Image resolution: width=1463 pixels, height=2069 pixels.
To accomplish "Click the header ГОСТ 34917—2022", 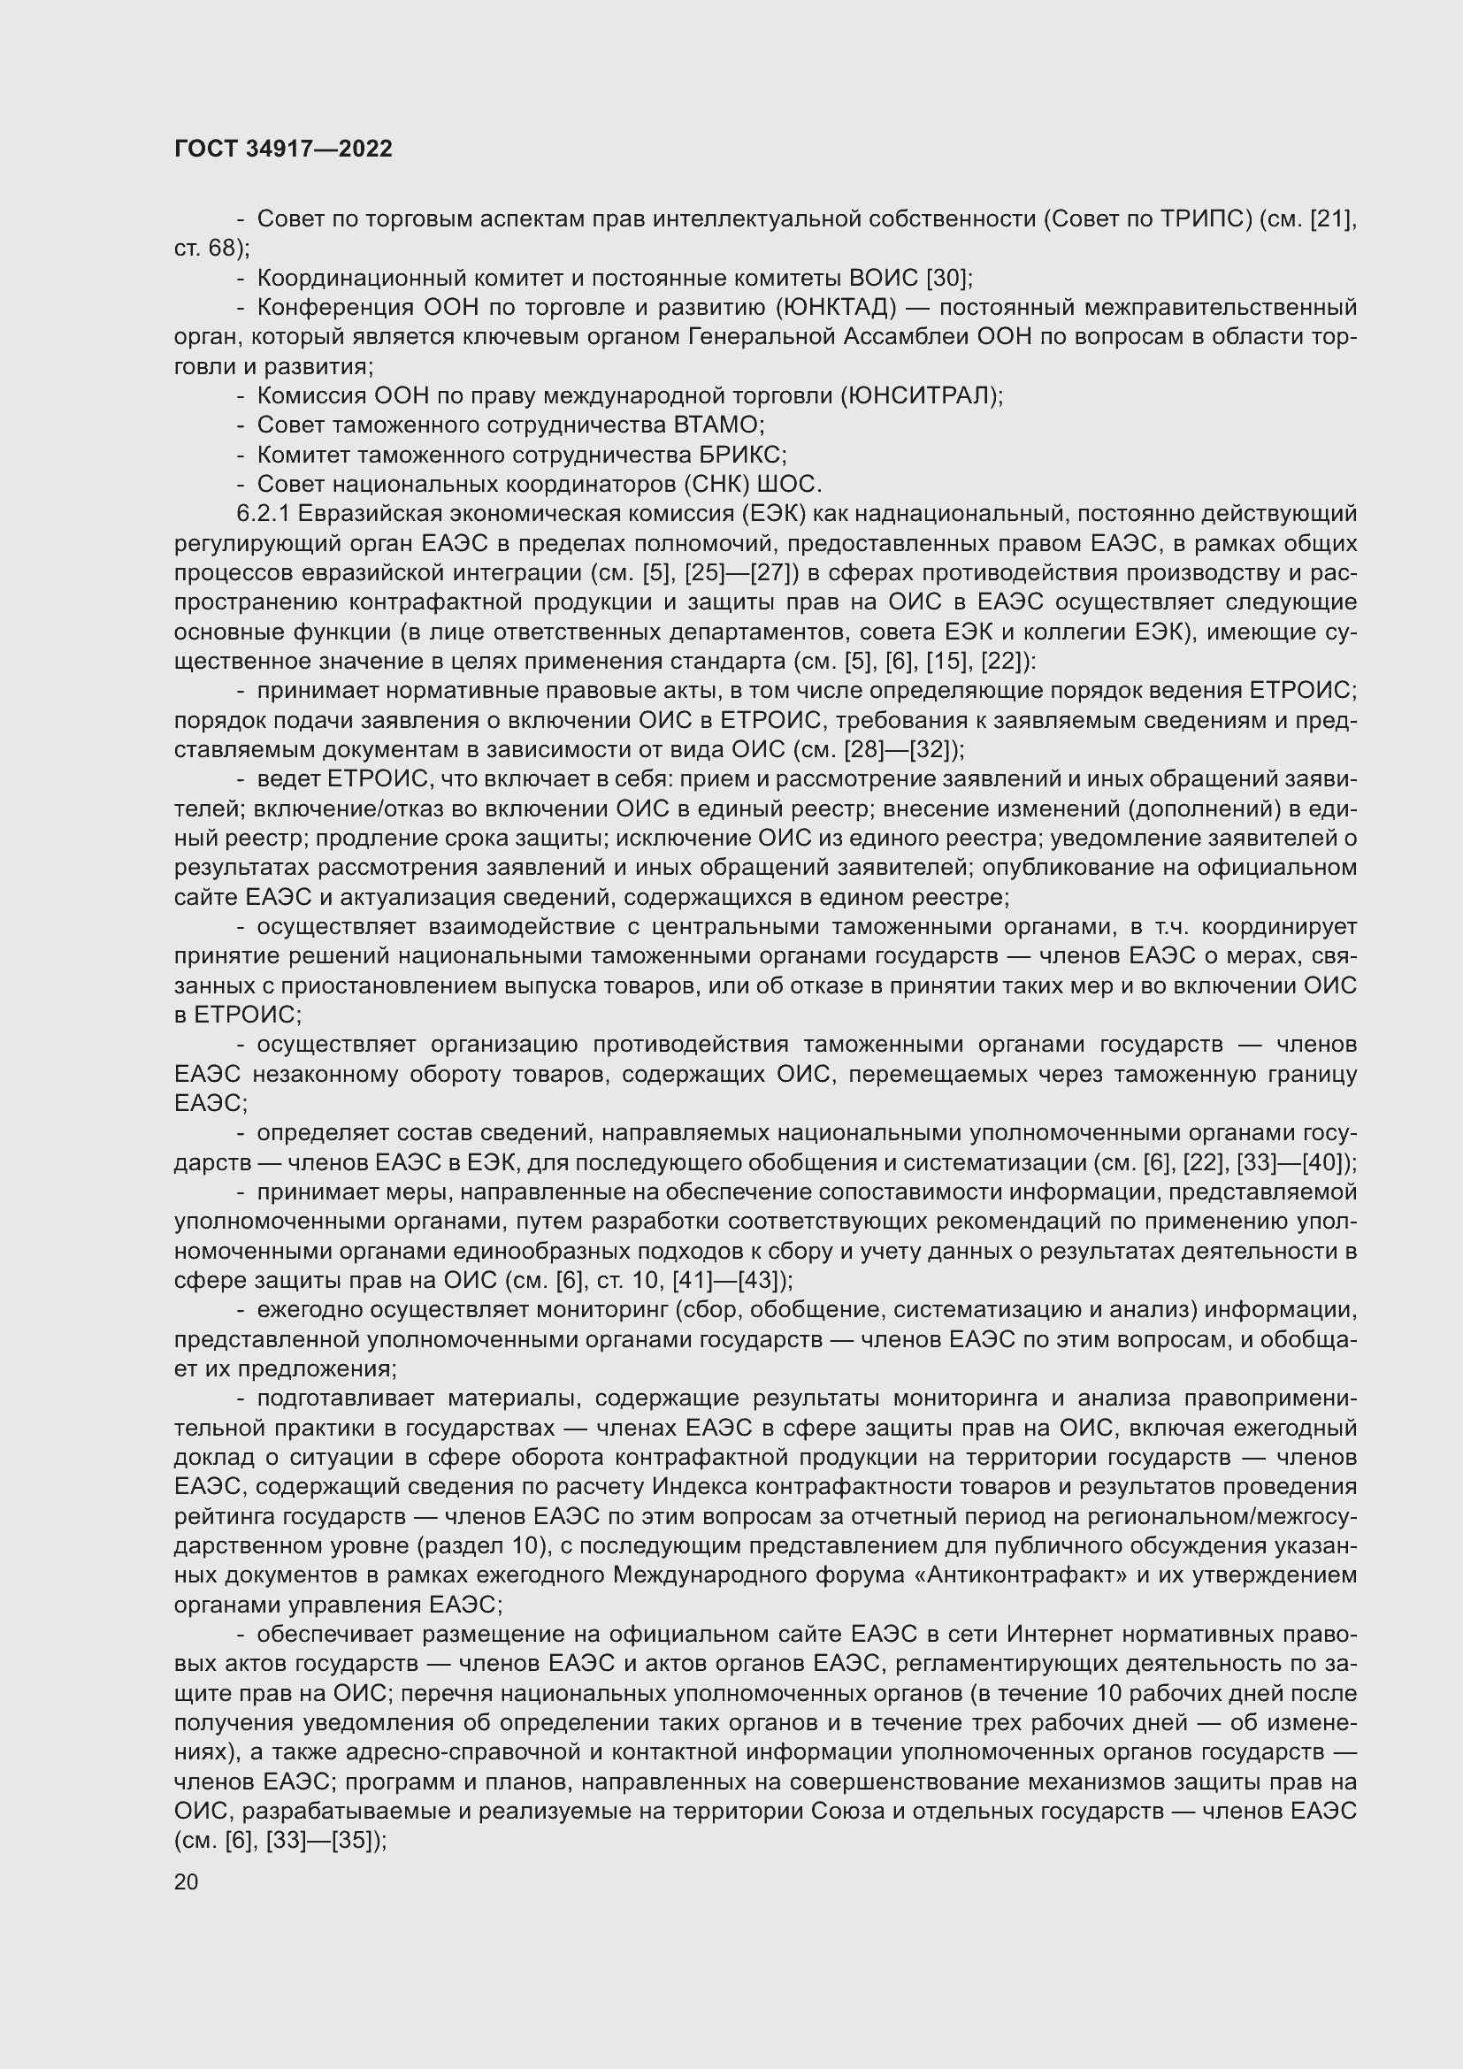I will tap(283, 149).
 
